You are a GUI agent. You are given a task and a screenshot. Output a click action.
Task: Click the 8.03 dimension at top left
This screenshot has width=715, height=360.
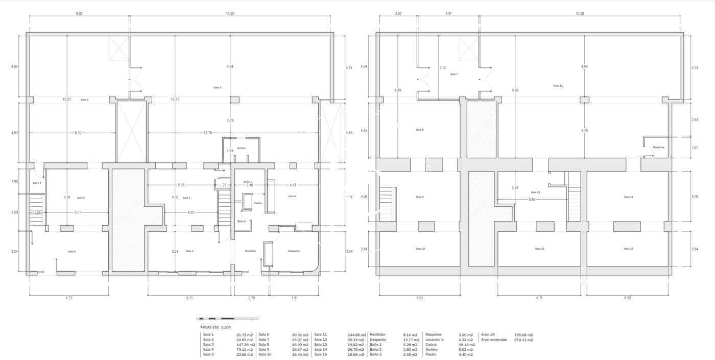(79, 13)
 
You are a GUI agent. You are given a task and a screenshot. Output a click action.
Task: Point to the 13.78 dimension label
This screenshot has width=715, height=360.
(208, 133)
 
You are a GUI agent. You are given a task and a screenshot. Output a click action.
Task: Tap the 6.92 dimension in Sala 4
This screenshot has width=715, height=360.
(78, 133)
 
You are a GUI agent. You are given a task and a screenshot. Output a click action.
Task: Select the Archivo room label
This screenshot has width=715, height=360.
(242, 148)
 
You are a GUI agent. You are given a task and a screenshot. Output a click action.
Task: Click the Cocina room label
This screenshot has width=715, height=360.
(292, 196)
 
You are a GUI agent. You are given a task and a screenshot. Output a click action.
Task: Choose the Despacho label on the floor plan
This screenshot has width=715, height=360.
(294, 251)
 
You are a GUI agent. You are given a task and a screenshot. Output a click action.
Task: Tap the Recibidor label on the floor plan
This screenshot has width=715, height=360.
(250, 251)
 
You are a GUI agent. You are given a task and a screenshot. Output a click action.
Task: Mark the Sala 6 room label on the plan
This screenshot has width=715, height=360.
(71, 251)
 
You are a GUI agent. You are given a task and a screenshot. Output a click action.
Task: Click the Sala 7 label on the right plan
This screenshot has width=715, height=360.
(454, 74)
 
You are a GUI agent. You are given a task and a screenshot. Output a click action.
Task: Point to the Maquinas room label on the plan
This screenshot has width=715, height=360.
(658, 147)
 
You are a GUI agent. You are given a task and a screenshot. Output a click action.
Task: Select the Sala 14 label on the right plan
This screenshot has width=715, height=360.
(628, 197)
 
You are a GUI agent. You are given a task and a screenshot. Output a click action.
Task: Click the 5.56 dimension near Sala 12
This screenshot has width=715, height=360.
(532, 200)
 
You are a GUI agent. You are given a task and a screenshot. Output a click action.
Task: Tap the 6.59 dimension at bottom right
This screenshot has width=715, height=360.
(628, 297)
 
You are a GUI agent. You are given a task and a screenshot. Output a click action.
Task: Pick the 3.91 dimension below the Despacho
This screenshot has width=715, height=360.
(294, 297)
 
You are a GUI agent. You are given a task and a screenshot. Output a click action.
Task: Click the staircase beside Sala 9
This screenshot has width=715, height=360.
(387, 204)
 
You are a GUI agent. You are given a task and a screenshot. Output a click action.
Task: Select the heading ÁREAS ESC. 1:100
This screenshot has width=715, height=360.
(218, 326)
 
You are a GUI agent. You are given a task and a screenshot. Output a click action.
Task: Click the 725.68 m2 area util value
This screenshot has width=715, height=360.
(523, 335)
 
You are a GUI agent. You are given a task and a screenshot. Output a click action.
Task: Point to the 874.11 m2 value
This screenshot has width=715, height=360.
(523, 340)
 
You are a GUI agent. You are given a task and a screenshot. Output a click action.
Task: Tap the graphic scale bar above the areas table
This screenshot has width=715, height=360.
(227, 319)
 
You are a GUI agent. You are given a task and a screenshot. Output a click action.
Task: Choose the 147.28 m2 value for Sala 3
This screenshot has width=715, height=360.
(245, 345)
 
